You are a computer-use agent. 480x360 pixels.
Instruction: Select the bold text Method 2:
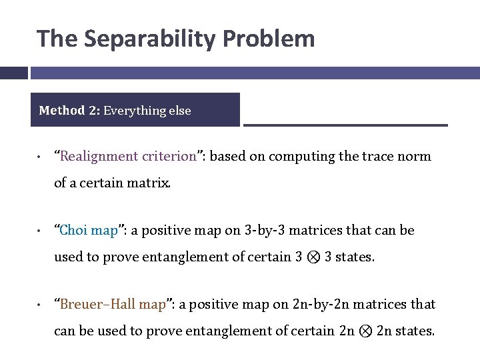[69, 111]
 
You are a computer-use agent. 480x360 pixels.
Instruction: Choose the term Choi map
[89, 231]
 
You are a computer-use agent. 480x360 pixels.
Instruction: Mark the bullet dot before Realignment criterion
[41, 158]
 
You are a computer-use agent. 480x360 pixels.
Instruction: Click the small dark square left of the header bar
[13, 73]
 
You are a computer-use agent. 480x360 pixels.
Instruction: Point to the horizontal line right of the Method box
[345, 125]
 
